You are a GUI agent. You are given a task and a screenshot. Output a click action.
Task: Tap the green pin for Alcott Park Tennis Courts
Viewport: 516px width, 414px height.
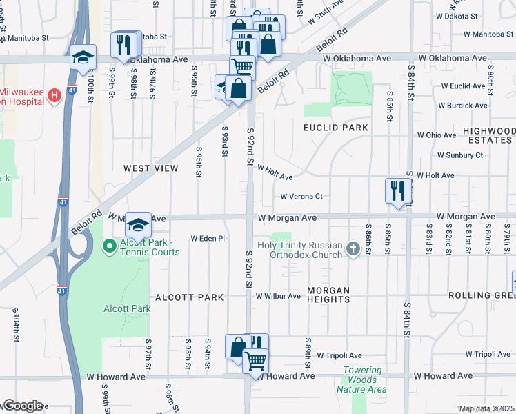pos(109,246)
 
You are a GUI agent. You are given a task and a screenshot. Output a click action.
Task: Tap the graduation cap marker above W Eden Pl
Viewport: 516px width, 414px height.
pos(138,224)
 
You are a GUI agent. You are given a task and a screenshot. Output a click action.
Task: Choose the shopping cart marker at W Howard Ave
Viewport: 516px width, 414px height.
pos(255,360)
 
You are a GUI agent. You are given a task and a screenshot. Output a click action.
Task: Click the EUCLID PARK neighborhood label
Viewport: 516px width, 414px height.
pos(336,128)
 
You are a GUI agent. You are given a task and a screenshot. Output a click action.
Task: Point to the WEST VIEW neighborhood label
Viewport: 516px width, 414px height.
pos(151,168)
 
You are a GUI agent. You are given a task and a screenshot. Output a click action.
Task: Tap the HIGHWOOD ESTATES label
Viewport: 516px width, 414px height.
pos(488,135)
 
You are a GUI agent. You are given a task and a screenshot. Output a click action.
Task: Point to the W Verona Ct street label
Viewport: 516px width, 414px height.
pos(301,197)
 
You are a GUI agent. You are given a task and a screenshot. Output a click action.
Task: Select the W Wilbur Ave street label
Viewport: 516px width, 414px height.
pos(278,296)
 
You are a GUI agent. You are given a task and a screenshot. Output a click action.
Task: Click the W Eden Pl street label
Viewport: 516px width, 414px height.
pos(208,238)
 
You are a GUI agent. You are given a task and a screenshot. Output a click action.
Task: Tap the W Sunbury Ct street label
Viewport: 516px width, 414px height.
pos(459,155)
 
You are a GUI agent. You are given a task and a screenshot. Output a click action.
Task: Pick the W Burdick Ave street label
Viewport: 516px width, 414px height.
pos(463,106)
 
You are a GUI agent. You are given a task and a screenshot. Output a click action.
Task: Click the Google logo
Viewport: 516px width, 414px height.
pos(22,406)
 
